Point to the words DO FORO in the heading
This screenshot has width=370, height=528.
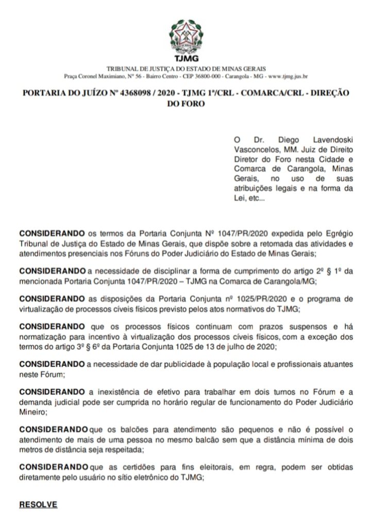tap(184, 103)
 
